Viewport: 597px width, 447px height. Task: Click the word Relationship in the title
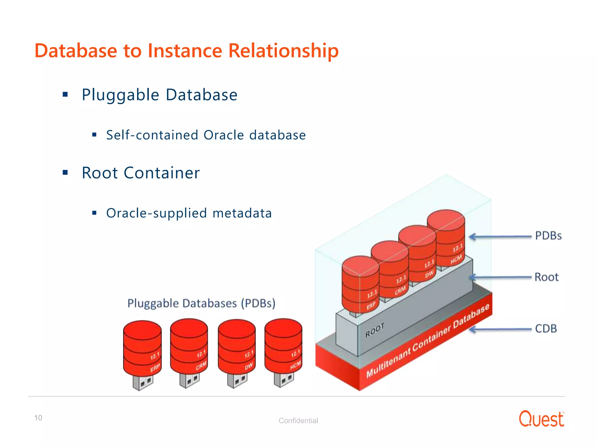(283, 51)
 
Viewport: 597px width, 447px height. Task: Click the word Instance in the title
(185, 51)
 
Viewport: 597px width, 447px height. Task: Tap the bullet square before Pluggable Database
(65, 94)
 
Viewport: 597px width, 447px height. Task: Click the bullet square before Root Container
(65, 173)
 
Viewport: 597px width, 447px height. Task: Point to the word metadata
(242, 213)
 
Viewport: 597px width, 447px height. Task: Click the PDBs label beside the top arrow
(548, 236)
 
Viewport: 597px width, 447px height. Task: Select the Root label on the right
(546, 277)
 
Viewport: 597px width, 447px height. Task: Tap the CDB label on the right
(546, 329)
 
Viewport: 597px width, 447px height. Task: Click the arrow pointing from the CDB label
(500, 329)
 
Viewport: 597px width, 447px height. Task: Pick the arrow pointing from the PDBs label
(500, 237)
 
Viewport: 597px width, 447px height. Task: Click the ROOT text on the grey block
(375, 330)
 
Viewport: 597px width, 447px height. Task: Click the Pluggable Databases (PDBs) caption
(201, 303)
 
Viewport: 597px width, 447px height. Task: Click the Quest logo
(541, 419)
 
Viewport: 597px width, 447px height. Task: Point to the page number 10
(38, 418)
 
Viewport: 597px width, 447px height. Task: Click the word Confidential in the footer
(298, 421)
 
